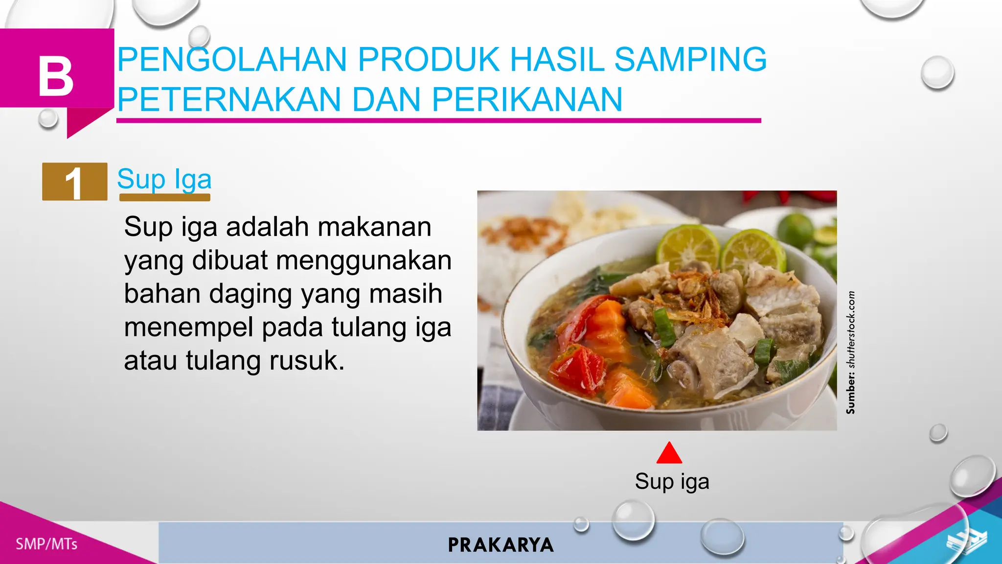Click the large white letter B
coord(56,77)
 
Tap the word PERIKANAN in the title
coord(527,99)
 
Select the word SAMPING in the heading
coord(690,60)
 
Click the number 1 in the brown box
coord(74,183)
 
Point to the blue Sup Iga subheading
coord(164,179)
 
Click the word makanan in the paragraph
coord(374,227)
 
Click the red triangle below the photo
coord(669,453)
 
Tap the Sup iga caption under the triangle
coord(672,481)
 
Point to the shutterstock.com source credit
coord(851,352)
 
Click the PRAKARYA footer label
coord(501,545)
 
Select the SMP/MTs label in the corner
coord(46,544)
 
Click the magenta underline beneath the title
coord(438,120)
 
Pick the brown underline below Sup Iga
coord(164,197)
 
